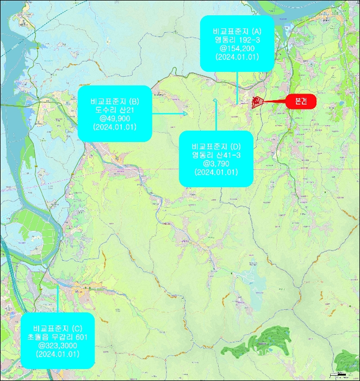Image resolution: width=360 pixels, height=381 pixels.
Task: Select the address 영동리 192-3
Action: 237,40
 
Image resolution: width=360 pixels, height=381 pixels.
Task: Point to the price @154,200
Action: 237,48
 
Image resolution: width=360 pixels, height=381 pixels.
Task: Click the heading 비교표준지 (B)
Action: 115,101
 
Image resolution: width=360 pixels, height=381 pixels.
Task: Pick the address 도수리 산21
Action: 115,109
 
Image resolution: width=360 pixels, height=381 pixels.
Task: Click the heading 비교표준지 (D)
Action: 216,146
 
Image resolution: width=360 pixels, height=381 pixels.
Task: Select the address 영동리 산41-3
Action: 216,155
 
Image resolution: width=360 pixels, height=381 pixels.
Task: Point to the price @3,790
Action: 216,163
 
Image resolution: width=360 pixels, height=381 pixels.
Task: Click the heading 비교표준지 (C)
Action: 58,329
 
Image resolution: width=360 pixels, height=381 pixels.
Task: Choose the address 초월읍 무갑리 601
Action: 58,337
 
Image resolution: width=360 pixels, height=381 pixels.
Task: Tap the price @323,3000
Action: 58,346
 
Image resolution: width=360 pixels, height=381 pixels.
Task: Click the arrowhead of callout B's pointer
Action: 186,114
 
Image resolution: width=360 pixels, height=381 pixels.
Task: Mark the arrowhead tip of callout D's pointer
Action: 216,100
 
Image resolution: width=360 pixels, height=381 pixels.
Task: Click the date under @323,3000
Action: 58,354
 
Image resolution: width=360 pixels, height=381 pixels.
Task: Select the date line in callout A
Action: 237,57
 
